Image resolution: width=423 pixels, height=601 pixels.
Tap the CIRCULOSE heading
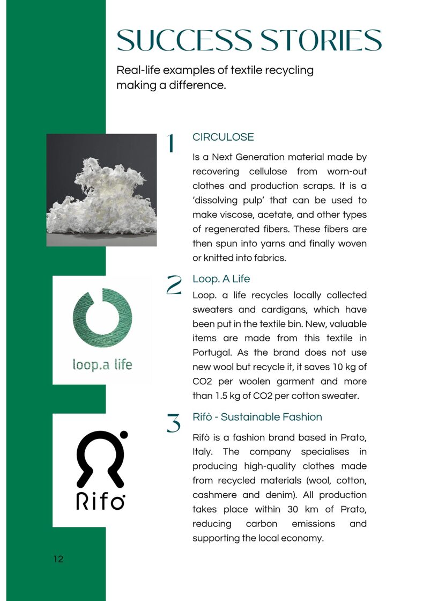click(223, 137)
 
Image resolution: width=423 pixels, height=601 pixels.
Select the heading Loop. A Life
click(221, 279)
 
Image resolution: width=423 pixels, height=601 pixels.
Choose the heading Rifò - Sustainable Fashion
click(257, 417)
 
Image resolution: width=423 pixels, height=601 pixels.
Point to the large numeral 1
click(171, 144)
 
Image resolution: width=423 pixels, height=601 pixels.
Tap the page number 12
click(58, 559)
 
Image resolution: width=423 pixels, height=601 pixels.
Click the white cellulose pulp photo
click(101, 190)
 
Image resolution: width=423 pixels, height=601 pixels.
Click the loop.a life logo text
click(102, 365)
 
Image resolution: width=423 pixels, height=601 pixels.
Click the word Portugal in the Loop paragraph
click(211, 353)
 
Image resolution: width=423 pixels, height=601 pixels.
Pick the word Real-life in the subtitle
click(138, 70)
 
